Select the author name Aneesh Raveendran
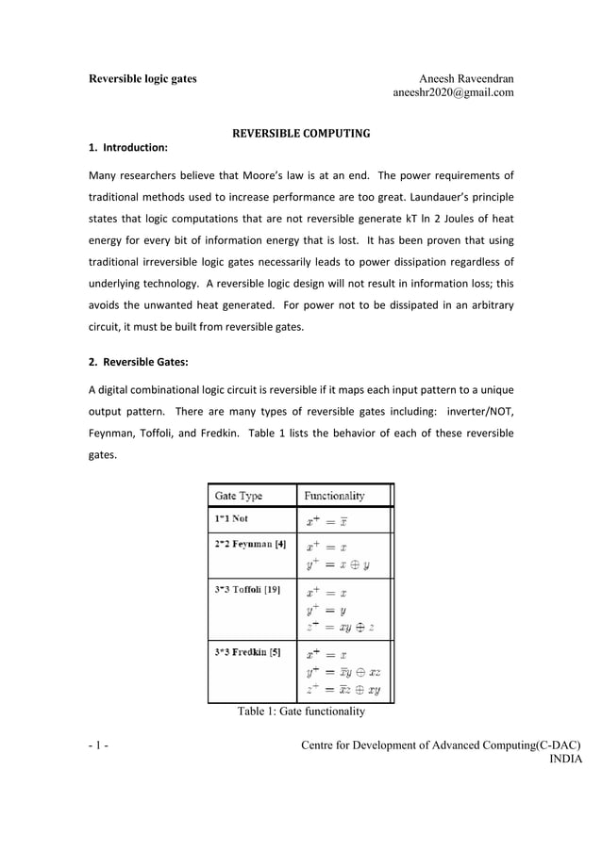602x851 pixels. [466, 78]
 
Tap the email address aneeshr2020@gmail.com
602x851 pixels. [453, 93]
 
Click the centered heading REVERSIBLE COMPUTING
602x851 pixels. [301, 133]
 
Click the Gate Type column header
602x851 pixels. [239, 496]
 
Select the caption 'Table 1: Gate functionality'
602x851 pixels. [300, 712]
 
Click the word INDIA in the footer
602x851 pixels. [565, 761]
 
